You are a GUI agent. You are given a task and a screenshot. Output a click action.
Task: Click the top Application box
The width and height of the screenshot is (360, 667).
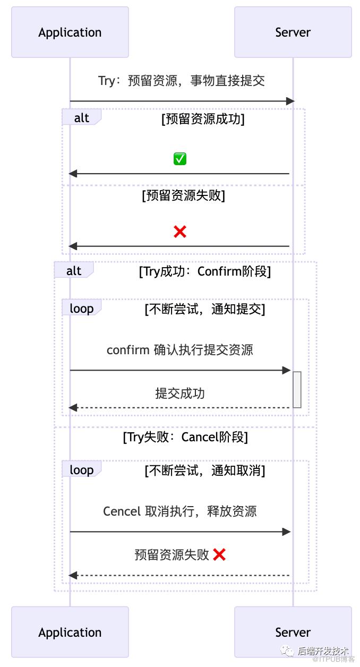coord(70,32)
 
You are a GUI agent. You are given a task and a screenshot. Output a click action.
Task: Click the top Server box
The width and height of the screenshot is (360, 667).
coord(293,32)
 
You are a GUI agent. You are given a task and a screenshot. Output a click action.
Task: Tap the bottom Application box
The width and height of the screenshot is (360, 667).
coord(70,632)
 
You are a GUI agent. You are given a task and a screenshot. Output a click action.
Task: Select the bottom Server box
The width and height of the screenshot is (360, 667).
coord(293,632)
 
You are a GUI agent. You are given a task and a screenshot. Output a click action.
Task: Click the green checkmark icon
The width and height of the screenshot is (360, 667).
coord(180,159)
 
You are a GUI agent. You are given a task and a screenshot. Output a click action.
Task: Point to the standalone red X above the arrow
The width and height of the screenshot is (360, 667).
coord(180,232)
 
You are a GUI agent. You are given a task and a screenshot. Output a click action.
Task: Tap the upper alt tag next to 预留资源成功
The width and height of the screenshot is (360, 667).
coord(82,117)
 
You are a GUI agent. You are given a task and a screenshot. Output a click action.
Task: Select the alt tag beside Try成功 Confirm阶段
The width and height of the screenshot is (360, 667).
coord(74,270)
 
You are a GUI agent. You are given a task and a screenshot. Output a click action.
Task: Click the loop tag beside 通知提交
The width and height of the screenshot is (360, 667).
coord(82,307)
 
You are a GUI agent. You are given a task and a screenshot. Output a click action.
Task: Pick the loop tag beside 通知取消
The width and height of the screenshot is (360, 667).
coord(82,469)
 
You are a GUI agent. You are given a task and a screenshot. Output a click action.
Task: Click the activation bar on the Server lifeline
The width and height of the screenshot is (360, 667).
coord(297,389)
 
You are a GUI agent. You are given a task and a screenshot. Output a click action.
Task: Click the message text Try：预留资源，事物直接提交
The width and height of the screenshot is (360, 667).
coord(182,81)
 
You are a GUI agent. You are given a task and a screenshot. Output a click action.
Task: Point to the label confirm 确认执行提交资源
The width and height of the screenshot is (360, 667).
coord(180,350)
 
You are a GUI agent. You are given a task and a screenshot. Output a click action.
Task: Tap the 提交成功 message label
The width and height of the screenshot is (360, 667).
coord(180,394)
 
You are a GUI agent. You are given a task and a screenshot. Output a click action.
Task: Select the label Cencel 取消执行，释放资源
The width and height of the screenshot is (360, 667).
coord(180,511)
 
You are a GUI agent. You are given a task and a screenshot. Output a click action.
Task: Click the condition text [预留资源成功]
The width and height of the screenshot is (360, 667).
coord(203,119)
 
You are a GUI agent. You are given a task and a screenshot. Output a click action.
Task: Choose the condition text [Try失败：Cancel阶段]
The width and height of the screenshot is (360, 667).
coord(185,437)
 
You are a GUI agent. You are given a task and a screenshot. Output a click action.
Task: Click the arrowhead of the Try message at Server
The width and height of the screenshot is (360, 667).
coord(290,101)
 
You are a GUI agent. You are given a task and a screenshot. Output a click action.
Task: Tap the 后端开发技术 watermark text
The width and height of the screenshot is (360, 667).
coord(323,651)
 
